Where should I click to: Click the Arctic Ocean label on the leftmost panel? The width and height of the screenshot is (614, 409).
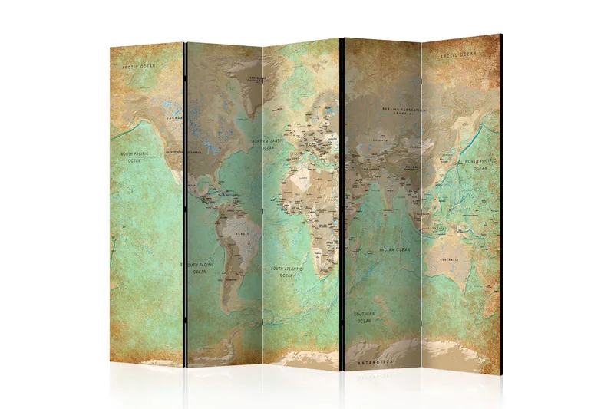139,67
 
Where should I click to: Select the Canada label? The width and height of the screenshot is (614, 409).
176,118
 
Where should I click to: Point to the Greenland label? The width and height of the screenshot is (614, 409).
251,78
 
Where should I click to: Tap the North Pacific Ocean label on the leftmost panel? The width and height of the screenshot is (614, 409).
135,157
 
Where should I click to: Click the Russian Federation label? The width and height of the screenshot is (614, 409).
403,110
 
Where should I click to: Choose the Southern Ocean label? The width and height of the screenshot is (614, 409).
363,316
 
